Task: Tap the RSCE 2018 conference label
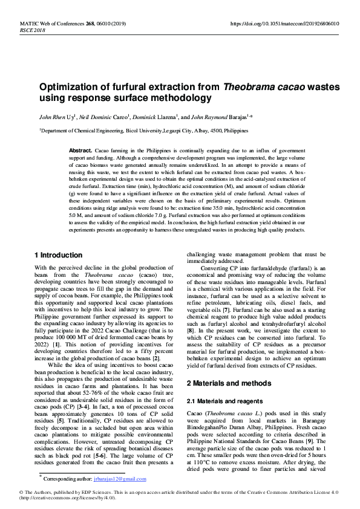[33, 30]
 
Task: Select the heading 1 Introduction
[58, 255]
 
